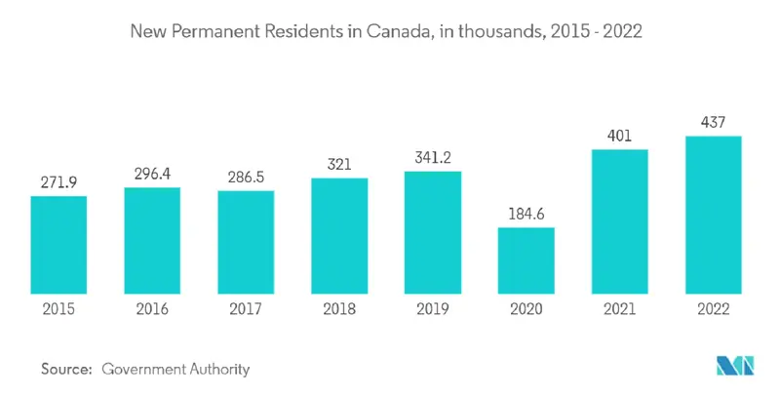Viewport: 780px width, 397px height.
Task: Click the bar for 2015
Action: (58, 244)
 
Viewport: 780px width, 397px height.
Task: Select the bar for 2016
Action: (152, 239)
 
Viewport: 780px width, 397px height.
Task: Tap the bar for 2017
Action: (246, 241)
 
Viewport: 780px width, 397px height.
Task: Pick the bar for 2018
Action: (339, 235)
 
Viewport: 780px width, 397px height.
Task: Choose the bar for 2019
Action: (433, 231)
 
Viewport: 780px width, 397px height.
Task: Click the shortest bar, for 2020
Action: (526, 259)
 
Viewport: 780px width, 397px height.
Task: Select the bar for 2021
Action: (620, 220)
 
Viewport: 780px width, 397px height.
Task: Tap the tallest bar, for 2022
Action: (714, 214)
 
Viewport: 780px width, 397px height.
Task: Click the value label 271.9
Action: (58, 181)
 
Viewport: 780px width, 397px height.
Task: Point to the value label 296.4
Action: (152, 173)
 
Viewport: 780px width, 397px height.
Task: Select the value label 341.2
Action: (433, 157)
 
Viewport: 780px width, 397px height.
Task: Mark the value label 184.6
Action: (526, 213)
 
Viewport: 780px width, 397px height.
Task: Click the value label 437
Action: (714, 122)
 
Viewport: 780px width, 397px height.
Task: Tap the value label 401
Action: (620, 135)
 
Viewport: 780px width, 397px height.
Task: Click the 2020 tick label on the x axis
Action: (526, 309)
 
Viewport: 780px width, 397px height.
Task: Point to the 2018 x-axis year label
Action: (339, 309)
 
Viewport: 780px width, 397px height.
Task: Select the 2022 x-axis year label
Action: (714, 309)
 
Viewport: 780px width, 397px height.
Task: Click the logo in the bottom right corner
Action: (736, 367)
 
